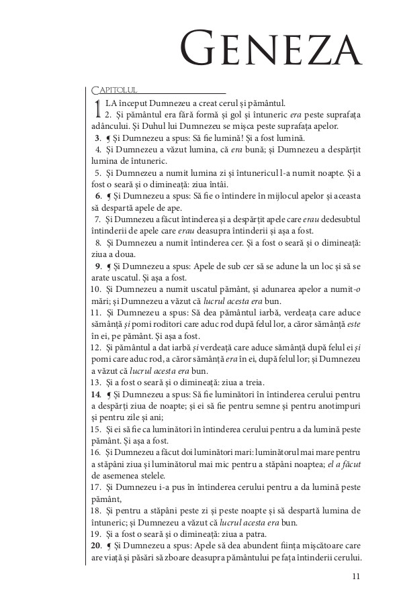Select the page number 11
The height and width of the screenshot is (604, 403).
click(x=356, y=575)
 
